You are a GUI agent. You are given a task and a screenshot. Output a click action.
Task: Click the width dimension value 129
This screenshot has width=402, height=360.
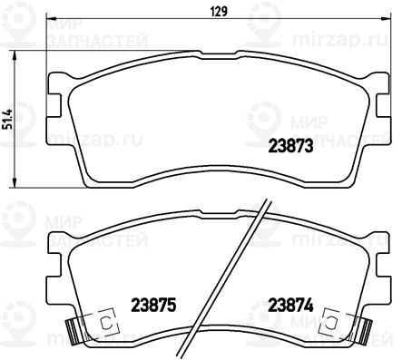click(220, 12)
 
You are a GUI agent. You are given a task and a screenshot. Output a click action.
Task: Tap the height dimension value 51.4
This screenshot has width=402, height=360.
click(9, 119)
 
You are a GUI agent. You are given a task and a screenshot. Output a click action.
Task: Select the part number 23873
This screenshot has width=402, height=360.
click(290, 146)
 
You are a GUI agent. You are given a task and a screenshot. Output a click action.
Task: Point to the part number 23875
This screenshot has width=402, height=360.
click(153, 305)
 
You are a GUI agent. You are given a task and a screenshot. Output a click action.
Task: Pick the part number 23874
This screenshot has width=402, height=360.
click(291, 305)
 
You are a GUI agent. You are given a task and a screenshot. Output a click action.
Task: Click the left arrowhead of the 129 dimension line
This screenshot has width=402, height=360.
click(51, 18)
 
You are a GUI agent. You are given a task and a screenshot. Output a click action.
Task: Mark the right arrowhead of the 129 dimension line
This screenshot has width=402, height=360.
click(386, 18)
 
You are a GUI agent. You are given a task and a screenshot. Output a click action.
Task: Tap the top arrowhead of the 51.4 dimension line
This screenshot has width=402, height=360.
click(14, 56)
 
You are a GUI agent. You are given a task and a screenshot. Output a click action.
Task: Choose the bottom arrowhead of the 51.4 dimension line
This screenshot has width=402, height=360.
click(14, 182)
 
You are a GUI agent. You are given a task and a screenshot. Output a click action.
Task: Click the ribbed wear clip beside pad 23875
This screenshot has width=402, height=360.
click(73, 332)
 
